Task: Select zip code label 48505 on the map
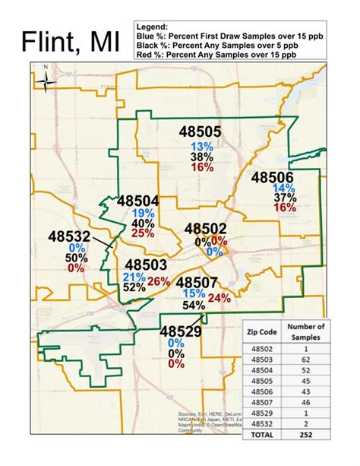coord(201,132)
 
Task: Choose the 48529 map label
coord(180,331)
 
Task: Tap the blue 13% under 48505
coord(202,146)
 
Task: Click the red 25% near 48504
coord(142,233)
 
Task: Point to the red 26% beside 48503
coord(159,282)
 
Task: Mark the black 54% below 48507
coord(194,306)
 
